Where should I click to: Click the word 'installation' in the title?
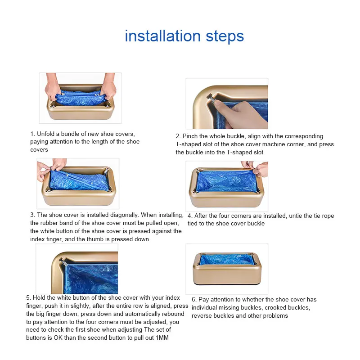(163, 36)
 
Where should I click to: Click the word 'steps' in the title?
(225, 37)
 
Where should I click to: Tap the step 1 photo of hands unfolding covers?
(81, 98)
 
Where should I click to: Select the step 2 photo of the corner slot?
(227, 103)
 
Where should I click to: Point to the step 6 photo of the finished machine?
(227, 269)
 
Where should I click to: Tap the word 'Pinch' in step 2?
(190, 136)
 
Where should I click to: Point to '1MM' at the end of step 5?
(162, 338)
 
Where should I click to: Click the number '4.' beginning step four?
(190, 216)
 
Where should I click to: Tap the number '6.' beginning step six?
(194, 300)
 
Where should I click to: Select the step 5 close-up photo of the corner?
(77, 269)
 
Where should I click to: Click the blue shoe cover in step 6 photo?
(226, 259)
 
